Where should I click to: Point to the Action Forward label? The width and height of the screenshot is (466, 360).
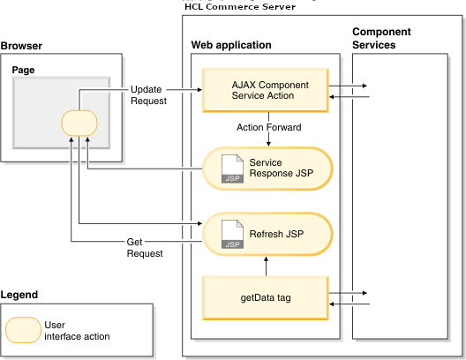pyautogui.click(x=269, y=127)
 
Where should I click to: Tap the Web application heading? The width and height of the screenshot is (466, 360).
pyautogui.click(x=231, y=45)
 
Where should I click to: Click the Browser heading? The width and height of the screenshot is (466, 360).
pyautogui.click(x=22, y=45)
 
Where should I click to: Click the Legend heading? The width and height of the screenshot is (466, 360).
pyautogui.click(x=19, y=294)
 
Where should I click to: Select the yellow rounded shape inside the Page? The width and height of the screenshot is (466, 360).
pyautogui.click(x=79, y=124)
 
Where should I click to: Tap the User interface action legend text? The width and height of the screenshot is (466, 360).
pyautogui.click(x=76, y=331)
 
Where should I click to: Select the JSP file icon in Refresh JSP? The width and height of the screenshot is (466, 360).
pyautogui.click(x=231, y=234)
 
